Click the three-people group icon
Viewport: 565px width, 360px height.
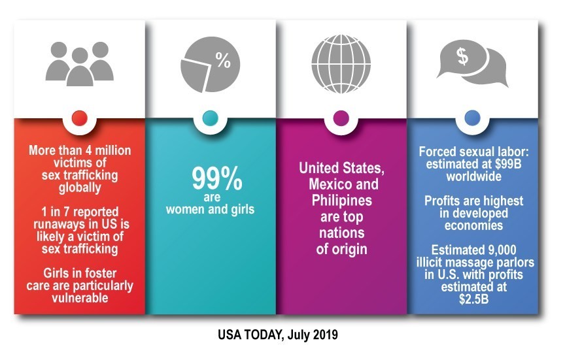[x=79, y=62]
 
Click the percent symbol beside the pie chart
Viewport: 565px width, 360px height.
[x=223, y=63]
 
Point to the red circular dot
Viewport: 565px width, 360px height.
[x=79, y=118]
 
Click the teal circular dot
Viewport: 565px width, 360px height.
[x=210, y=118]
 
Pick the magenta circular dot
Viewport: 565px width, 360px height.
[x=341, y=118]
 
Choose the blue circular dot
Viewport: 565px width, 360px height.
[x=471, y=118]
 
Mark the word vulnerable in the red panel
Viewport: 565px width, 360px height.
[x=80, y=297]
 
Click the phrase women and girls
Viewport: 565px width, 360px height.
[x=210, y=210]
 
